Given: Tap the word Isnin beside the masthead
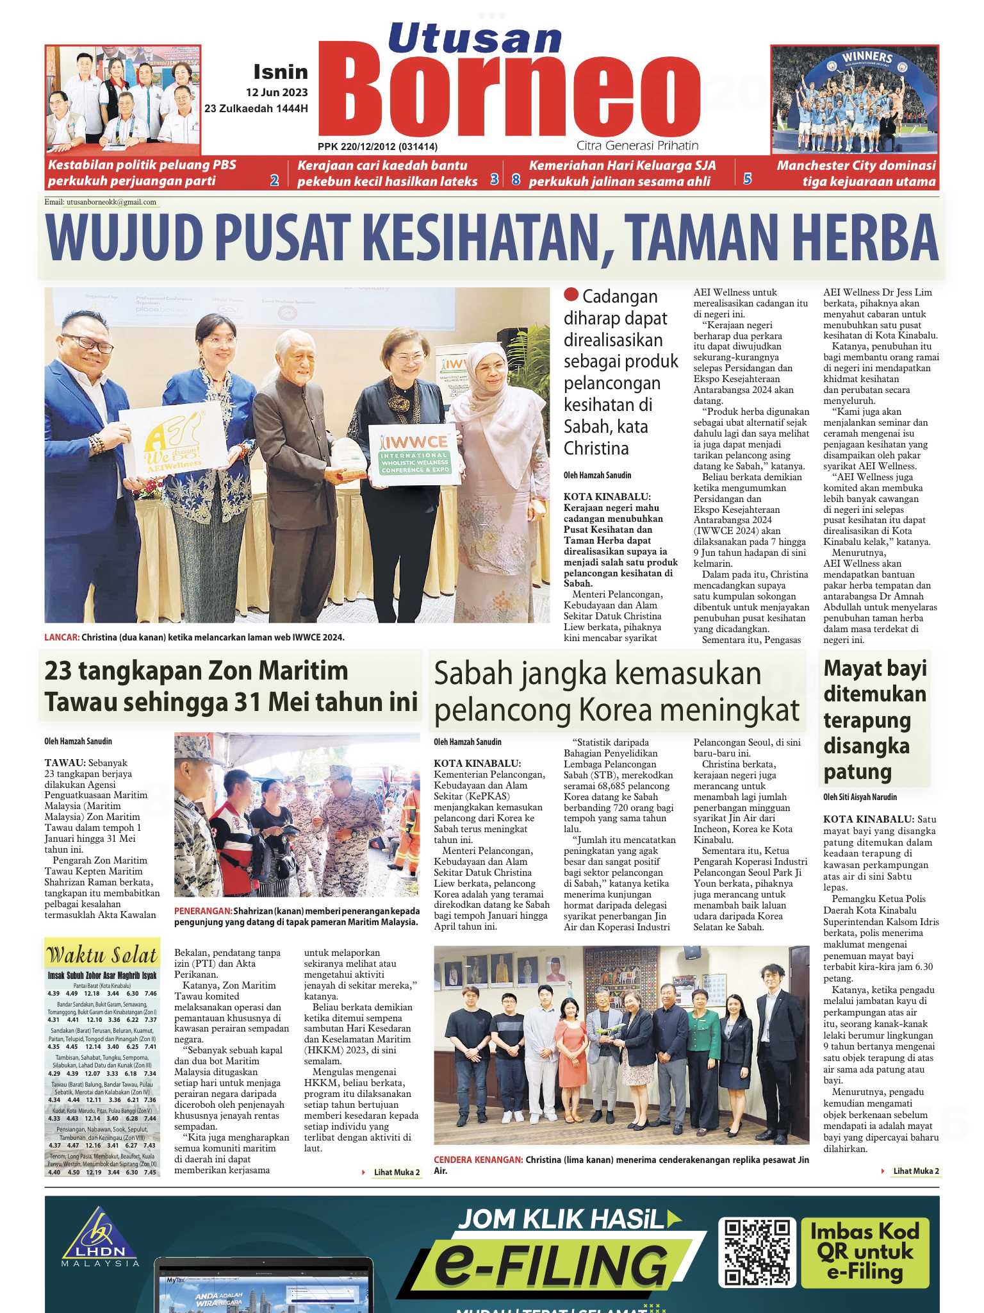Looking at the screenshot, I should point(281,72).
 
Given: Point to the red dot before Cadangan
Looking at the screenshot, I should point(571,295).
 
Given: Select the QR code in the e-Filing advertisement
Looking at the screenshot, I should point(757,1252).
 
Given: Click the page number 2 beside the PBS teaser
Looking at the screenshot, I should point(274,180).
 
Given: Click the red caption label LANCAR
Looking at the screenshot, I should point(61,637).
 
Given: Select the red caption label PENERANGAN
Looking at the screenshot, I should point(202,911).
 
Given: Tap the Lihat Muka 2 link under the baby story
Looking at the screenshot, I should point(915,1171).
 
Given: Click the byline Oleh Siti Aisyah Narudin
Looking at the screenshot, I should point(860,797).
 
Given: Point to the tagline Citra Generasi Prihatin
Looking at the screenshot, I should point(637,146).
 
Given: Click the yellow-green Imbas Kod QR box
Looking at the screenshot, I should point(864,1252).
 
